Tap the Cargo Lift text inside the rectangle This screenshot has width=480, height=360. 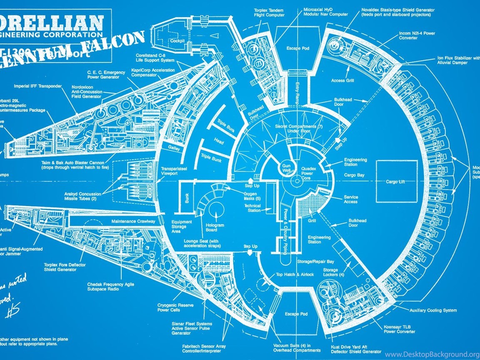point(395,182)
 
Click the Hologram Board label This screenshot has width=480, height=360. point(215,227)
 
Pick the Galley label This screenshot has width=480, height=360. point(174,147)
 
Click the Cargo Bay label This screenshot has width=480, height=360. point(354,175)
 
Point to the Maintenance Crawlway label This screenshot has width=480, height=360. point(133,221)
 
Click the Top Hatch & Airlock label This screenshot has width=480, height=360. point(295,275)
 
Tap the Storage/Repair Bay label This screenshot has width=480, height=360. point(316,262)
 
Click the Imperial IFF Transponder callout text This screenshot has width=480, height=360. point(37,86)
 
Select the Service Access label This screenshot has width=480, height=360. point(350,199)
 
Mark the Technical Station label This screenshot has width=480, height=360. point(252,208)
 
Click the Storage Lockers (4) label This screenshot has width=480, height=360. point(334,272)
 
